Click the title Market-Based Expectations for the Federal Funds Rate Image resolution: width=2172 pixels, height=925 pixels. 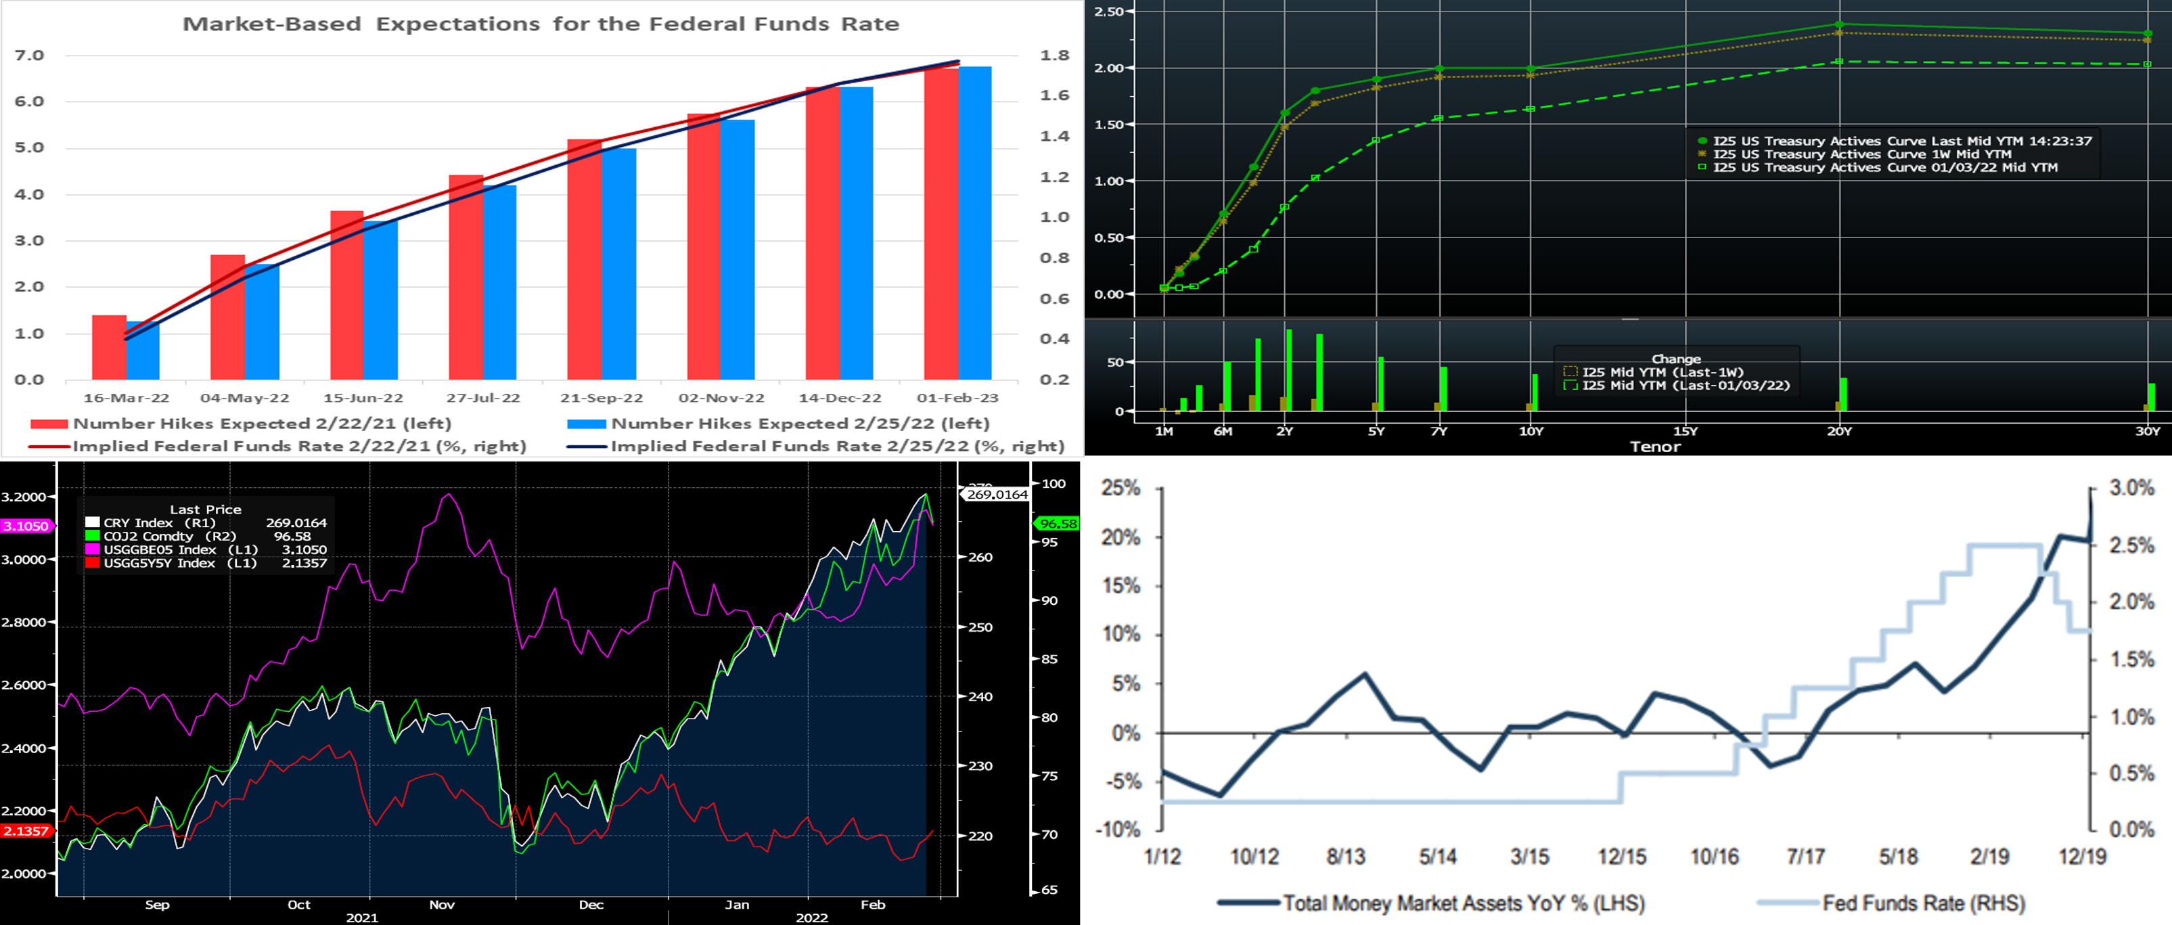pyautogui.click(x=541, y=24)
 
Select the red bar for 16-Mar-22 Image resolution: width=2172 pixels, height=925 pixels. pyautogui.click(x=109, y=347)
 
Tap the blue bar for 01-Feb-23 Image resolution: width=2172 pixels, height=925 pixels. pyautogui.click(x=975, y=223)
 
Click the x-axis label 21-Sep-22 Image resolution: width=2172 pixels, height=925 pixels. pyautogui.click(x=601, y=398)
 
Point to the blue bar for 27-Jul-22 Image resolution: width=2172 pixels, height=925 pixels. pyautogui.click(x=500, y=282)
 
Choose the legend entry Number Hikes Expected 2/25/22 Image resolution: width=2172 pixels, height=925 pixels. pyautogui.click(x=799, y=424)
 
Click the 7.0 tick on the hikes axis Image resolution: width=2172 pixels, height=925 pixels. pyautogui.click(x=30, y=55)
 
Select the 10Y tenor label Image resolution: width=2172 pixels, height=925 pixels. pyautogui.click(x=1531, y=431)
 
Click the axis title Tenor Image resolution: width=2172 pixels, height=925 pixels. pyautogui.click(x=1654, y=447)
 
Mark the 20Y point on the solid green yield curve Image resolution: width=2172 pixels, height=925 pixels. pyautogui.click(x=1839, y=24)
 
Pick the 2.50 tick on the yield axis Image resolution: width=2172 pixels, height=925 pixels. pyautogui.click(x=1109, y=11)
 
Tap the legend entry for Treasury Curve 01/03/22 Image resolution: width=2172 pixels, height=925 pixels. pyautogui.click(x=1884, y=168)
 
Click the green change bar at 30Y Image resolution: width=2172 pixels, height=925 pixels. pyautogui.click(x=2152, y=397)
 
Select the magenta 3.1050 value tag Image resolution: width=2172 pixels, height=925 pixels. pyautogui.click(x=26, y=526)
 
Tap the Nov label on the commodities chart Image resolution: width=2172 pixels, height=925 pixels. pyautogui.click(x=442, y=905)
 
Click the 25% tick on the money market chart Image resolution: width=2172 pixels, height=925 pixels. pyautogui.click(x=1121, y=489)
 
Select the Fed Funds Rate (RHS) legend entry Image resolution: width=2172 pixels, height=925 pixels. pyautogui.click(x=1922, y=903)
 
